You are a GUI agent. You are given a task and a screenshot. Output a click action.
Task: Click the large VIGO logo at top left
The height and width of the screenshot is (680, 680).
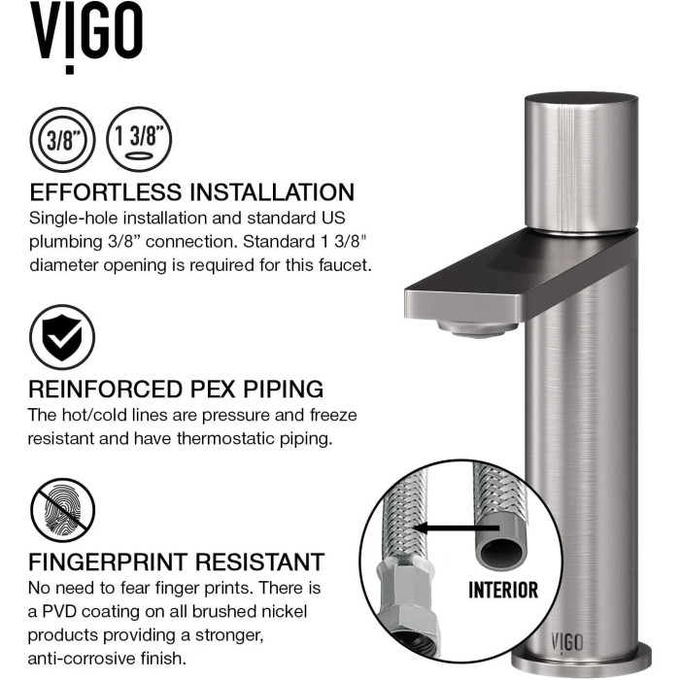[85, 37]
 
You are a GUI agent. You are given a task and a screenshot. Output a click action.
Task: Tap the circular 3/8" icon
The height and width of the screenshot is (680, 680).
[62, 140]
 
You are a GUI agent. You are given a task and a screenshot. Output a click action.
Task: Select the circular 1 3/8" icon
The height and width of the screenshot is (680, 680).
[139, 139]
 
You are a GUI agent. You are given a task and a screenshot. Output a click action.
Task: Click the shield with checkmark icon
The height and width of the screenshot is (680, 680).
[62, 337]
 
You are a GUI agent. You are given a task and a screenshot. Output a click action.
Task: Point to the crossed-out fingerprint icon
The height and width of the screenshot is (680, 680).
[62, 510]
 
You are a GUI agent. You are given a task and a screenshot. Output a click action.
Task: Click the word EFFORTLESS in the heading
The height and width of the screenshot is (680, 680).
[106, 192]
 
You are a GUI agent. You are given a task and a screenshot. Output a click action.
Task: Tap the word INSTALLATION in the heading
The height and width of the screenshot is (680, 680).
[273, 192]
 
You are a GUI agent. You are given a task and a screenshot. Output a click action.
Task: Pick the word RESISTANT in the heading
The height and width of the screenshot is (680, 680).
[259, 562]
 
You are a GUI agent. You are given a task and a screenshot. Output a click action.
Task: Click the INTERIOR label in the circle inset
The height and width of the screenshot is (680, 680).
[503, 590]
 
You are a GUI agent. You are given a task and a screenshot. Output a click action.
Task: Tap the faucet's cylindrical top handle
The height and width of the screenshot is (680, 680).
[581, 162]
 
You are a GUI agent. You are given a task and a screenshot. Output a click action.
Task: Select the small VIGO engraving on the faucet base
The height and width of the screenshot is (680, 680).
[566, 642]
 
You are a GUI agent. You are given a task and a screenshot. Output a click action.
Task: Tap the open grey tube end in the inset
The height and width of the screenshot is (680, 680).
[502, 549]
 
